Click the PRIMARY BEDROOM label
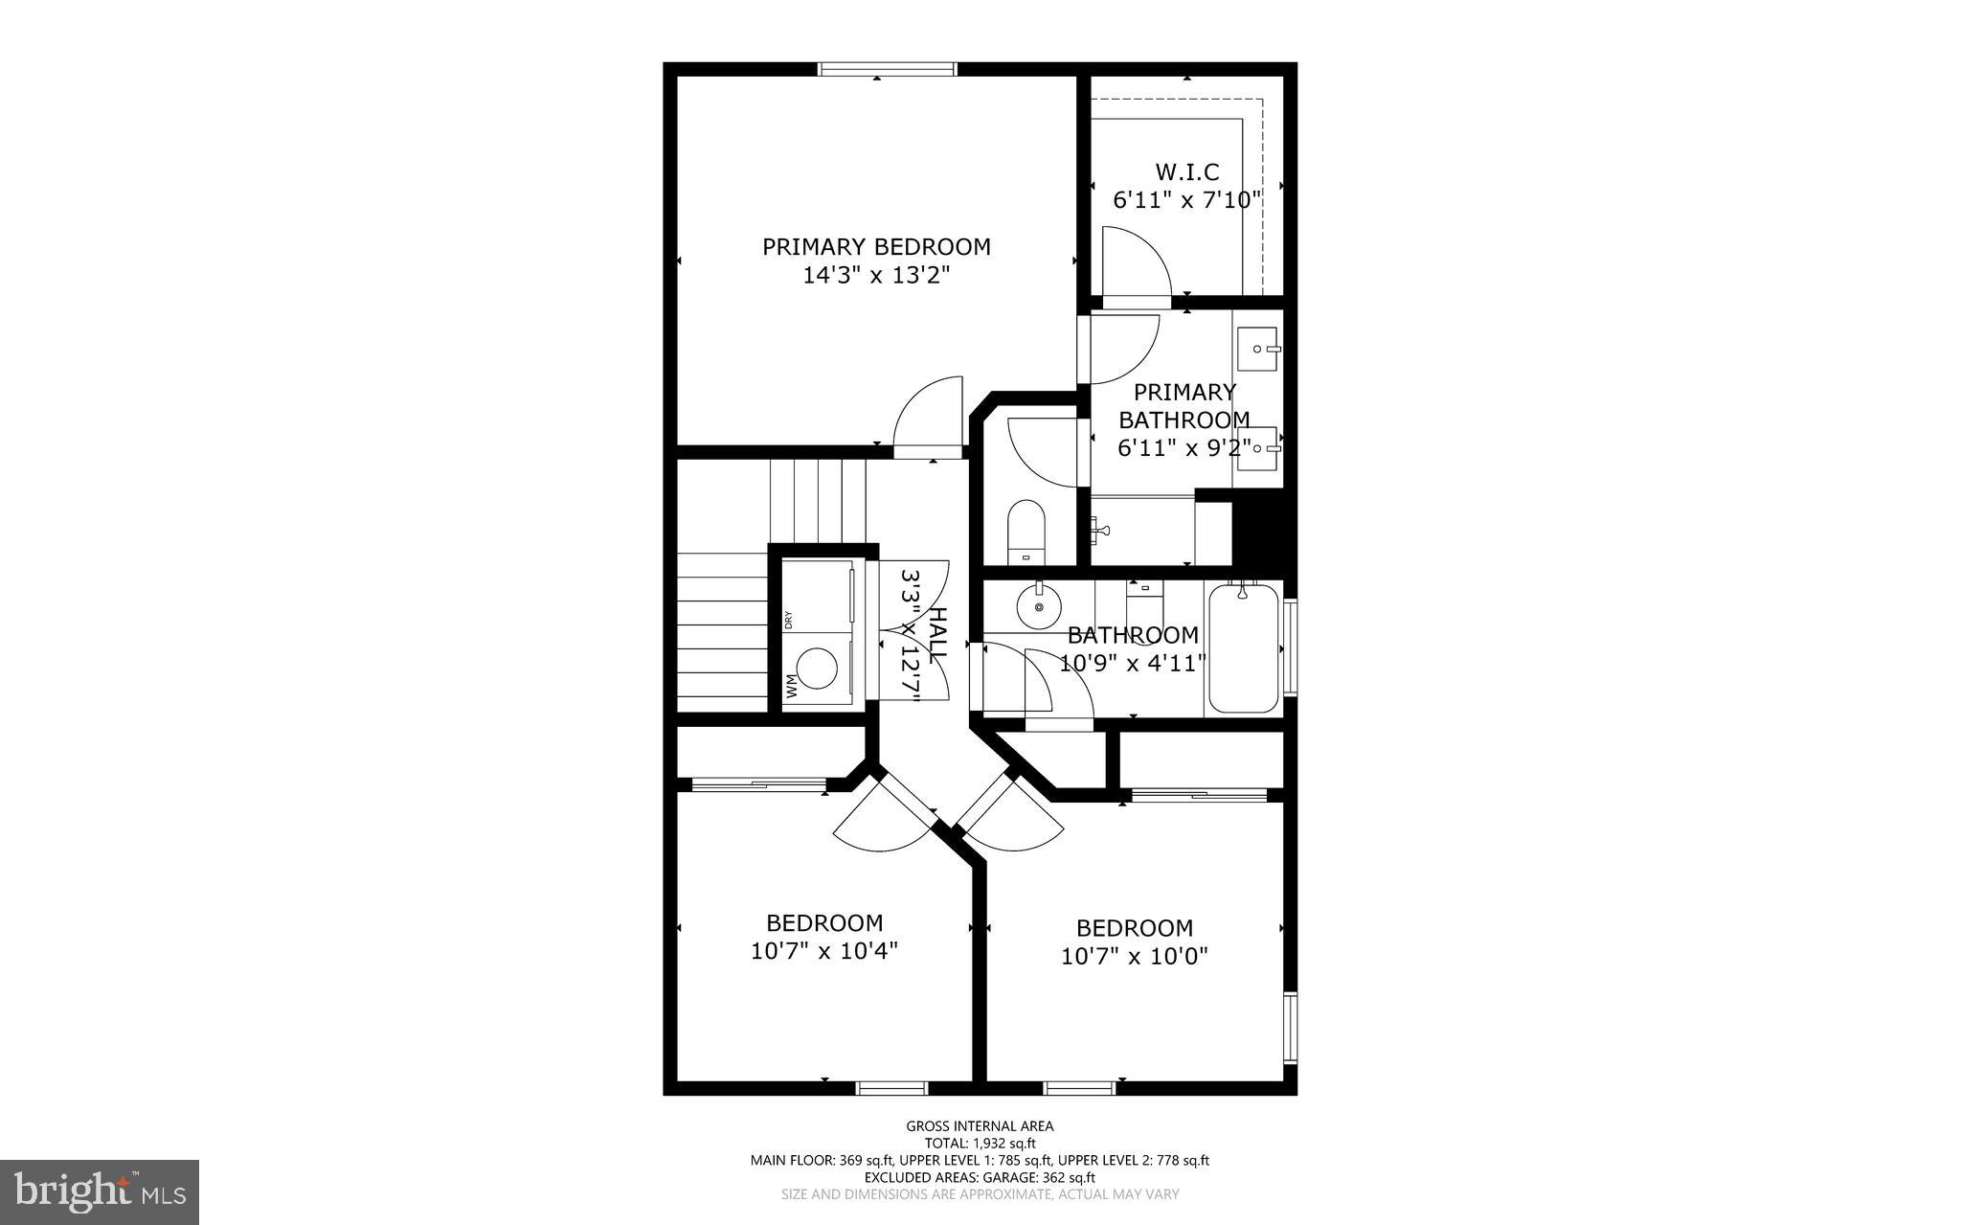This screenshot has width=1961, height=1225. tap(875, 247)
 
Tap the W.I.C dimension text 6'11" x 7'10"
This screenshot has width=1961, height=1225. tap(1186, 200)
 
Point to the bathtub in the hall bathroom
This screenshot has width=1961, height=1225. tap(1243, 648)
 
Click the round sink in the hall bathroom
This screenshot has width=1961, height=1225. tap(1039, 606)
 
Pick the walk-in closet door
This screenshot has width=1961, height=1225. tap(1134, 262)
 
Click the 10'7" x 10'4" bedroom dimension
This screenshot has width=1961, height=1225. tap(823, 951)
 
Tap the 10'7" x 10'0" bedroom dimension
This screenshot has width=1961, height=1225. tap(1134, 956)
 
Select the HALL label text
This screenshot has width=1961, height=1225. tap(939, 632)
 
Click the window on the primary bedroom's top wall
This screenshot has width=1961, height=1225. tap(887, 69)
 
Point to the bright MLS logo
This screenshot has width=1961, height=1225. tap(100, 1191)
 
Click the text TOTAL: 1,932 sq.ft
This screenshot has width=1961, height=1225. tap(980, 1143)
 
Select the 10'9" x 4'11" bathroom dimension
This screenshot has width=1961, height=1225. tap(1132, 663)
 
